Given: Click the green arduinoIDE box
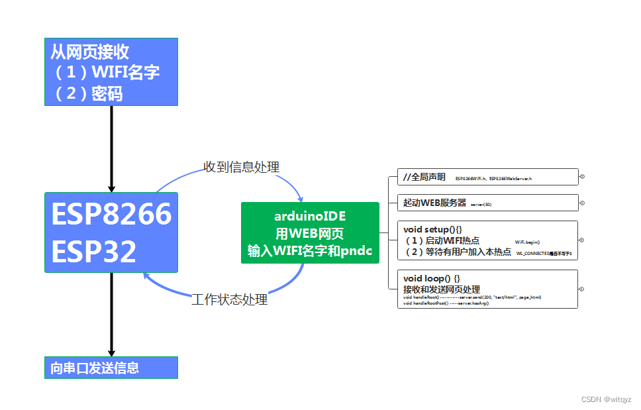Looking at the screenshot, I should (x=310, y=233).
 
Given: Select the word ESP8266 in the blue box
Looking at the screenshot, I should (x=111, y=214).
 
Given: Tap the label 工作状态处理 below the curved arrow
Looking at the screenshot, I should (x=229, y=299).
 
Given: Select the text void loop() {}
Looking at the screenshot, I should (x=432, y=278).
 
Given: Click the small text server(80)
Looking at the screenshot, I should (x=481, y=205).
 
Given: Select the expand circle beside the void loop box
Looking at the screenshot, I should (x=581, y=289).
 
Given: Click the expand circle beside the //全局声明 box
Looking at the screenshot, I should (x=581, y=177).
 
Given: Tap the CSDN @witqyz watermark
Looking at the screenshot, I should (x=606, y=399).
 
